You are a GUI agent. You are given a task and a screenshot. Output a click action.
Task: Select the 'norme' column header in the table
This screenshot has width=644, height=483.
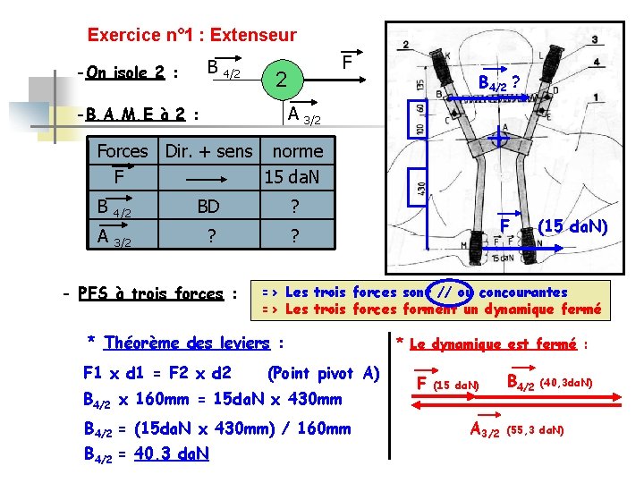coord(297,151)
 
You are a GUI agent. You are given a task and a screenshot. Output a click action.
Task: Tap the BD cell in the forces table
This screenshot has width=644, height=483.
coord(208,207)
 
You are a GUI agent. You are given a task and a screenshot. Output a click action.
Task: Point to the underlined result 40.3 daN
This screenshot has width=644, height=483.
coord(171,453)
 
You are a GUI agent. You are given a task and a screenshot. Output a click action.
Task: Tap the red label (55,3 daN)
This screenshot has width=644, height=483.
coord(536,430)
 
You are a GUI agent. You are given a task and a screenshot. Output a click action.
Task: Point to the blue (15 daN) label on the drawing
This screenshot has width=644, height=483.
coord(572,227)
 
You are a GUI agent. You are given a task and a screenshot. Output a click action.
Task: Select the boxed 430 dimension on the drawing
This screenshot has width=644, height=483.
coord(423,189)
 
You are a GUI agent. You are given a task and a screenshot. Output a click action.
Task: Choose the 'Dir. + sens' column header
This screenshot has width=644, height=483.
coord(209,151)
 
